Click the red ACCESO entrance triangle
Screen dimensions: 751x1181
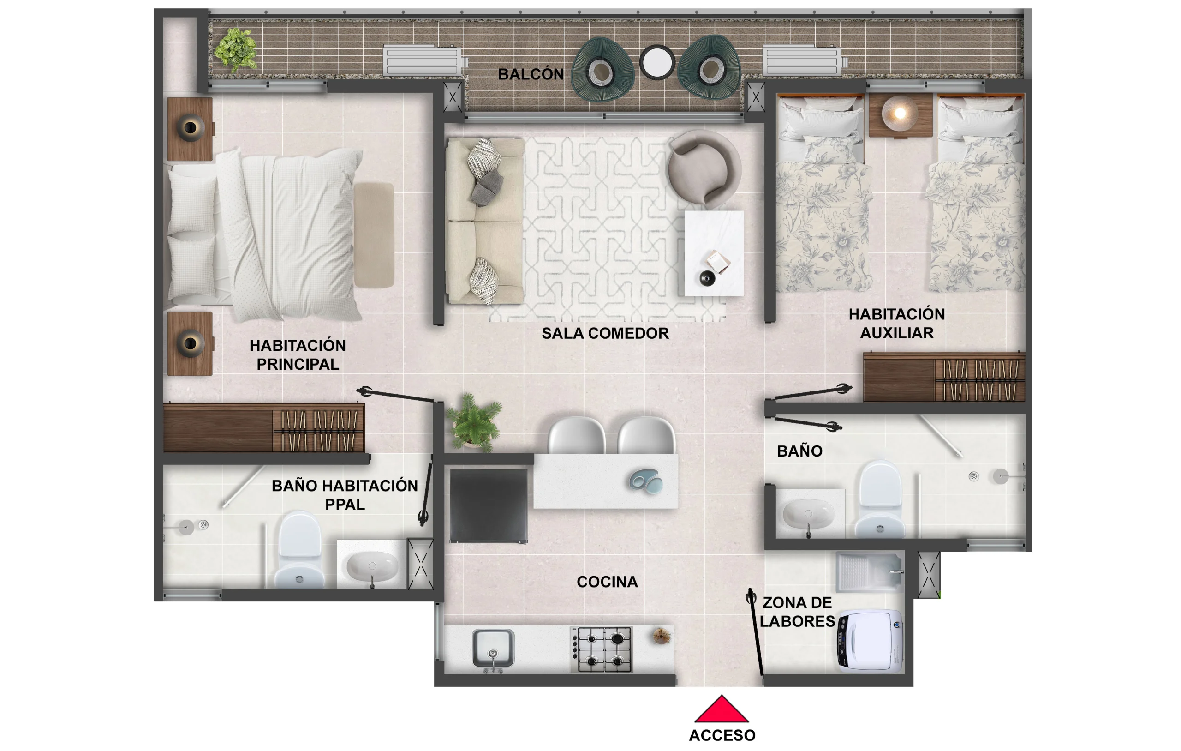pos(721,710)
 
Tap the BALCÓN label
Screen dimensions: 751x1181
pos(531,74)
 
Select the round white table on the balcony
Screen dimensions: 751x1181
pos(657,62)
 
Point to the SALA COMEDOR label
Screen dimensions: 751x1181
pos(605,333)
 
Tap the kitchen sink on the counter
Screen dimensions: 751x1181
pos(493,648)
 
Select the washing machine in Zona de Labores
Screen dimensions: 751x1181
pos(870,640)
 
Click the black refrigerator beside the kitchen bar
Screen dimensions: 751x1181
pos(489,505)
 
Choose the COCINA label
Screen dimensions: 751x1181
pos(607,582)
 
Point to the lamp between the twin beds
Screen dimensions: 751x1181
pos(900,114)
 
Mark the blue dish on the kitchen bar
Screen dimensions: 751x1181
pos(646,481)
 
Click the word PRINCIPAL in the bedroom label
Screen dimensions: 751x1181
pos(298,364)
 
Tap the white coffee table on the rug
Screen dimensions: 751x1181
pos(714,253)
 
